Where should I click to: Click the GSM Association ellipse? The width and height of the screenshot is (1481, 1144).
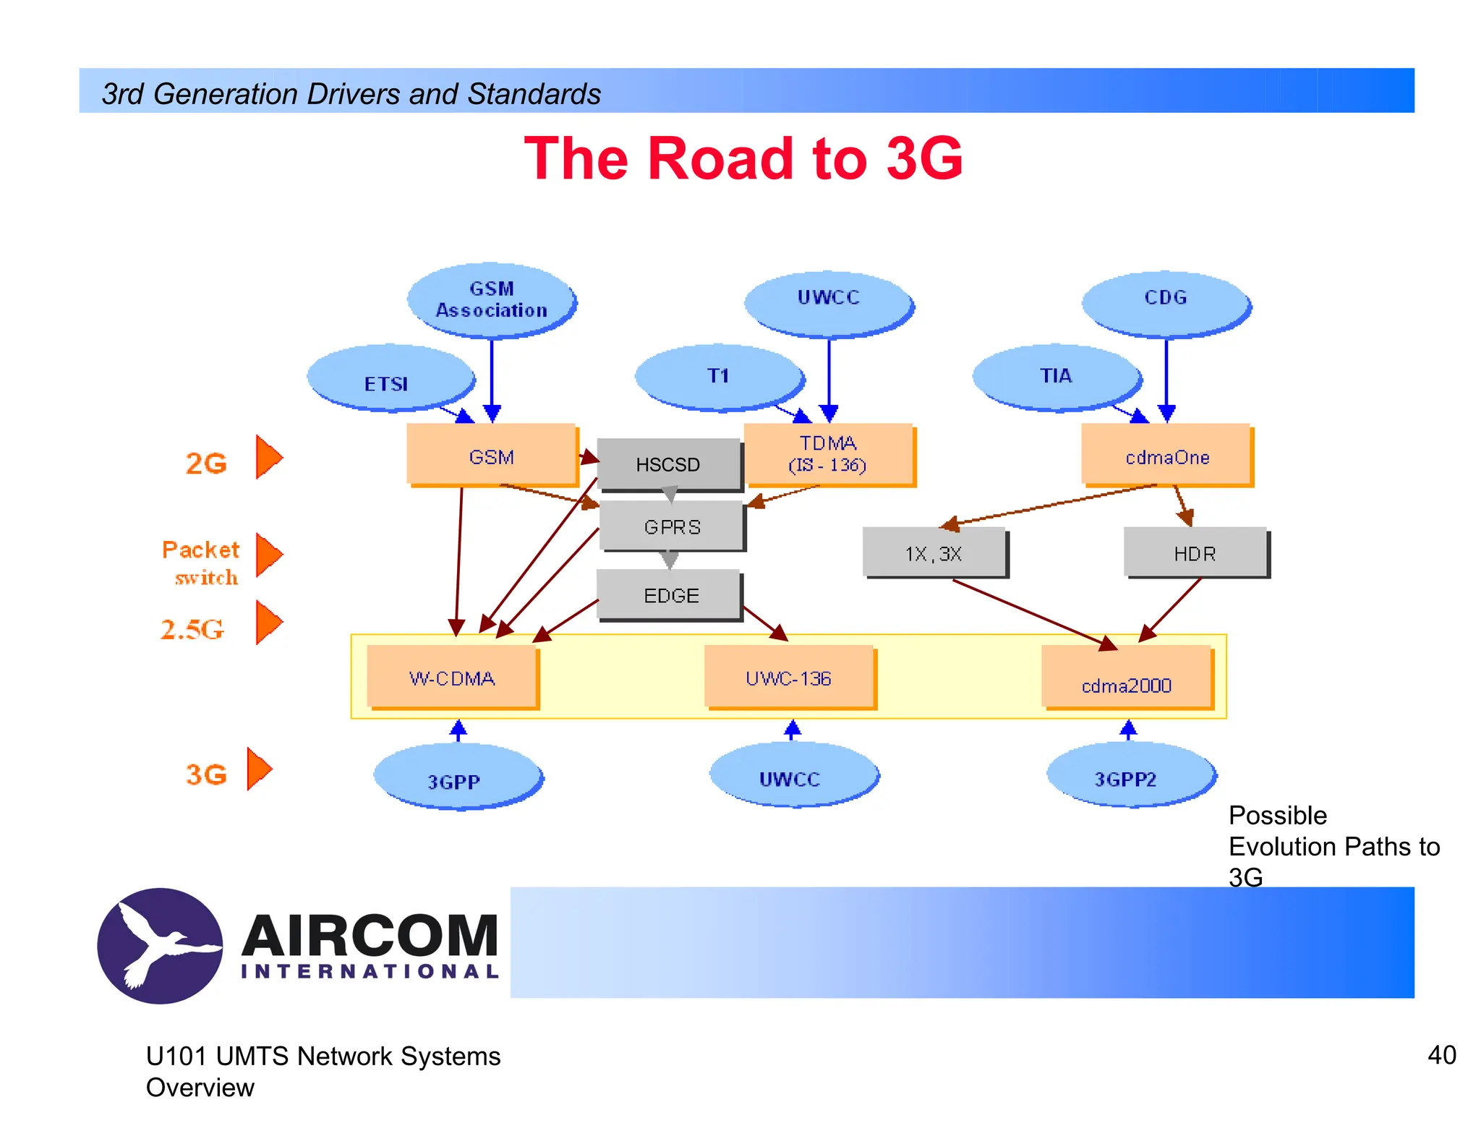pyautogui.click(x=491, y=299)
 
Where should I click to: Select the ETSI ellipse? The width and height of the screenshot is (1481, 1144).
pyautogui.click(x=390, y=379)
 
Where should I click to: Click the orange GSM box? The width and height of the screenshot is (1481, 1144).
pyautogui.click(x=491, y=455)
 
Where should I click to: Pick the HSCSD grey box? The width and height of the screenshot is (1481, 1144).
pyautogui.click(x=667, y=464)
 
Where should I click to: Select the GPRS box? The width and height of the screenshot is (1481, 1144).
pyautogui.click(x=672, y=526)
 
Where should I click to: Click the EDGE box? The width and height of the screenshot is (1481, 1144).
pyautogui.click(x=670, y=595)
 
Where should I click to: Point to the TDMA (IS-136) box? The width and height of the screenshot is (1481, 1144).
pyautogui.click(x=828, y=453)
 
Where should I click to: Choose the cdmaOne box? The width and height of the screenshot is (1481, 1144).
pyautogui.click(x=1166, y=455)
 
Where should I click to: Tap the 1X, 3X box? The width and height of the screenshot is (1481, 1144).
pyautogui.click(x=934, y=553)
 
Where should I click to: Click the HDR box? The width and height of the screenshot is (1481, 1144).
pyautogui.click(x=1195, y=553)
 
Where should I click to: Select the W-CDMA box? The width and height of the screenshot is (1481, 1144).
pyautogui.click(x=452, y=677)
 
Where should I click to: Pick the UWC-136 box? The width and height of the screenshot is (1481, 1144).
pyautogui.click(x=788, y=677)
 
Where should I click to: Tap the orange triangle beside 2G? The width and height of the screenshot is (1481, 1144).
pyautogui.click(x=268, y=457)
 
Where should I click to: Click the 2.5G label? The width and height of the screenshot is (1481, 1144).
pyautogui.click(x=192, y=628)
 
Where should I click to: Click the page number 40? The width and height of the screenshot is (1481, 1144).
pyautogui.click(x=1441, y=1055)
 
